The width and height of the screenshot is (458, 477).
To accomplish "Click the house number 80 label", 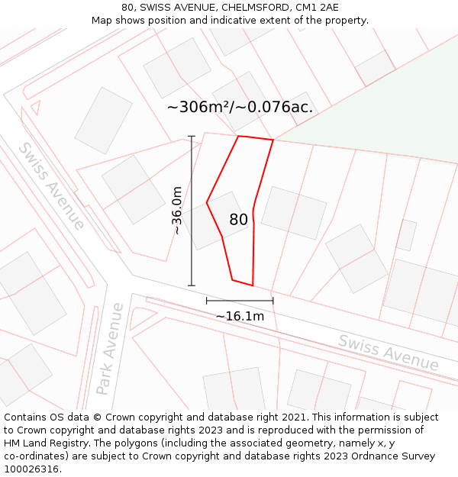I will [238, 220].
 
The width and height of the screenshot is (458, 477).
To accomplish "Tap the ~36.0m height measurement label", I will [177, 211].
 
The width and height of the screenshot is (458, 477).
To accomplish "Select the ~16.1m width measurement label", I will [240, 316].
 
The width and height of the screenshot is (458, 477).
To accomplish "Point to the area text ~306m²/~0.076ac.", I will [240, 108].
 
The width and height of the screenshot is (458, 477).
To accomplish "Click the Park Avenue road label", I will [109, 348].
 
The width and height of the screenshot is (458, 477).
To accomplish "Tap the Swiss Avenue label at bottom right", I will [389, 353].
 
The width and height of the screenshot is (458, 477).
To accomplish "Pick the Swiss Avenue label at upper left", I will [51, 185].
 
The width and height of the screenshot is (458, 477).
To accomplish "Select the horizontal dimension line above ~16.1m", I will [240, 301].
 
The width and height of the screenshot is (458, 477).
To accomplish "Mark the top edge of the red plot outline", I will [256, 138].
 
